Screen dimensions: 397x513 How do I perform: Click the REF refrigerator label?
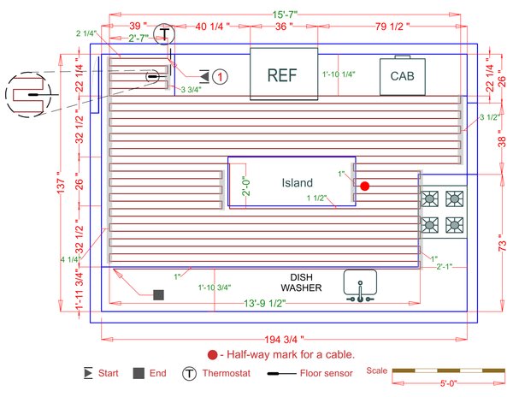click(282, 75)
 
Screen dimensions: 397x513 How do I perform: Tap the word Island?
click(298, 182)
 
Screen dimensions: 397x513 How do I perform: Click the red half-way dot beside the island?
click(364, 185)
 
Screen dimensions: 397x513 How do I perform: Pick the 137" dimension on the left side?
click(61, 187)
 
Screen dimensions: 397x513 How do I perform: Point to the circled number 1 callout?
click(220, 77)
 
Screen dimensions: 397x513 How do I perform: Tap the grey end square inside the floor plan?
click(158, 294)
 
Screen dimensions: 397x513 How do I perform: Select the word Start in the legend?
click(109, 374)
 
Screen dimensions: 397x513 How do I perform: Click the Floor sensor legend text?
click(328, 374)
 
